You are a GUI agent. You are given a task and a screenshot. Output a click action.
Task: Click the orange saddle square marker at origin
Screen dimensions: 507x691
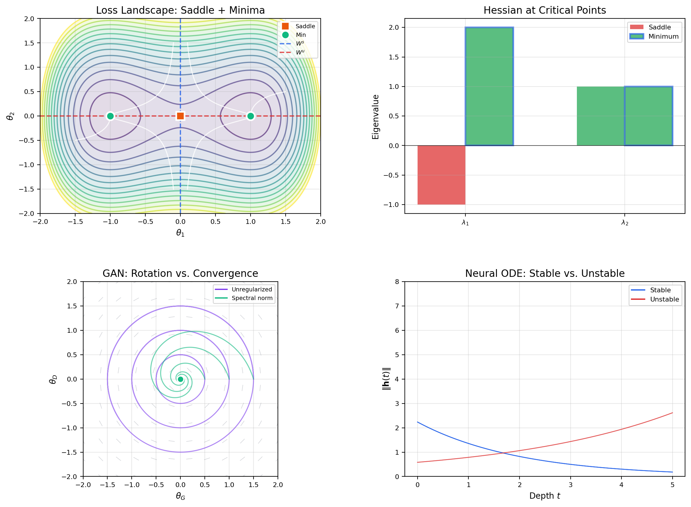(x=180, y=116)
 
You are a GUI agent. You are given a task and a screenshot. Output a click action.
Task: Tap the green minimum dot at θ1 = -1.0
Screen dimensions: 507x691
(x=110, y=116)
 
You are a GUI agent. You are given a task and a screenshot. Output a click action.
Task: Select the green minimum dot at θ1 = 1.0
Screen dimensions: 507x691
(x=251, y=116)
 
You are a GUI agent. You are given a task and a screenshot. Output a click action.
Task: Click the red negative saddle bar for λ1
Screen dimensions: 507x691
(x=441, y=175)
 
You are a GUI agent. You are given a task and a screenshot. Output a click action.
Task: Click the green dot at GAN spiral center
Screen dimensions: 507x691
(x=180, y=379)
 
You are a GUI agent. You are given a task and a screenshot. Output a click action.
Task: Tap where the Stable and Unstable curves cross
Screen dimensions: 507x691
(x=503, y=453)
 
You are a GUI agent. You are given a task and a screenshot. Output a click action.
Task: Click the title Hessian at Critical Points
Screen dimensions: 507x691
(x=545, y=10)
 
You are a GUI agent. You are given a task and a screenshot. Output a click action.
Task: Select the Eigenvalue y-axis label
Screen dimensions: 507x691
(x=376, y=117)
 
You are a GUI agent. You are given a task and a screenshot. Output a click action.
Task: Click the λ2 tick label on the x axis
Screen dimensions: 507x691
(x=625, y=223)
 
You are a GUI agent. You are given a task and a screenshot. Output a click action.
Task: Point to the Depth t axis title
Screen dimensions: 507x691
(x=545, y=496)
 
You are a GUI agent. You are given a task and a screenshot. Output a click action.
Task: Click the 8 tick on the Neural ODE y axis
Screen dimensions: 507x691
(x=397, y=282)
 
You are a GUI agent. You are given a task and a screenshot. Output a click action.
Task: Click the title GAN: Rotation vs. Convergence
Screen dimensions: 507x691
(x=180, y=274)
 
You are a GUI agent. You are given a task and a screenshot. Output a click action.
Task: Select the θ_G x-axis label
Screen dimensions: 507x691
(x=180, y=496)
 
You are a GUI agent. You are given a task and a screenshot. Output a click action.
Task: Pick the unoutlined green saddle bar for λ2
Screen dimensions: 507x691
(x=600, y=116)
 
